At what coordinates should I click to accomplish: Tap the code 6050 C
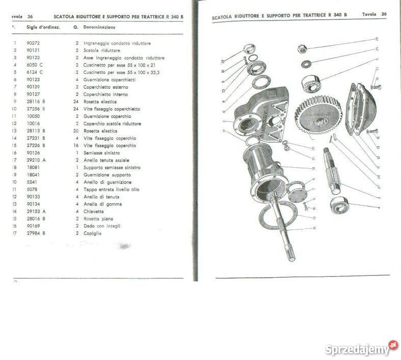(35, 65)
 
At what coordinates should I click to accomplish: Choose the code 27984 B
(36, 233)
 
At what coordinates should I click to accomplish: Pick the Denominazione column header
(99, 27)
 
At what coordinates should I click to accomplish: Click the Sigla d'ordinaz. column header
(43, 27)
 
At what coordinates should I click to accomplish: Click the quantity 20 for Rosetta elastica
(76, 131)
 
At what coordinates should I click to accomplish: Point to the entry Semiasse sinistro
(101, 152)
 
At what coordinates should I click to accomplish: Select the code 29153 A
(36, 211)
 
